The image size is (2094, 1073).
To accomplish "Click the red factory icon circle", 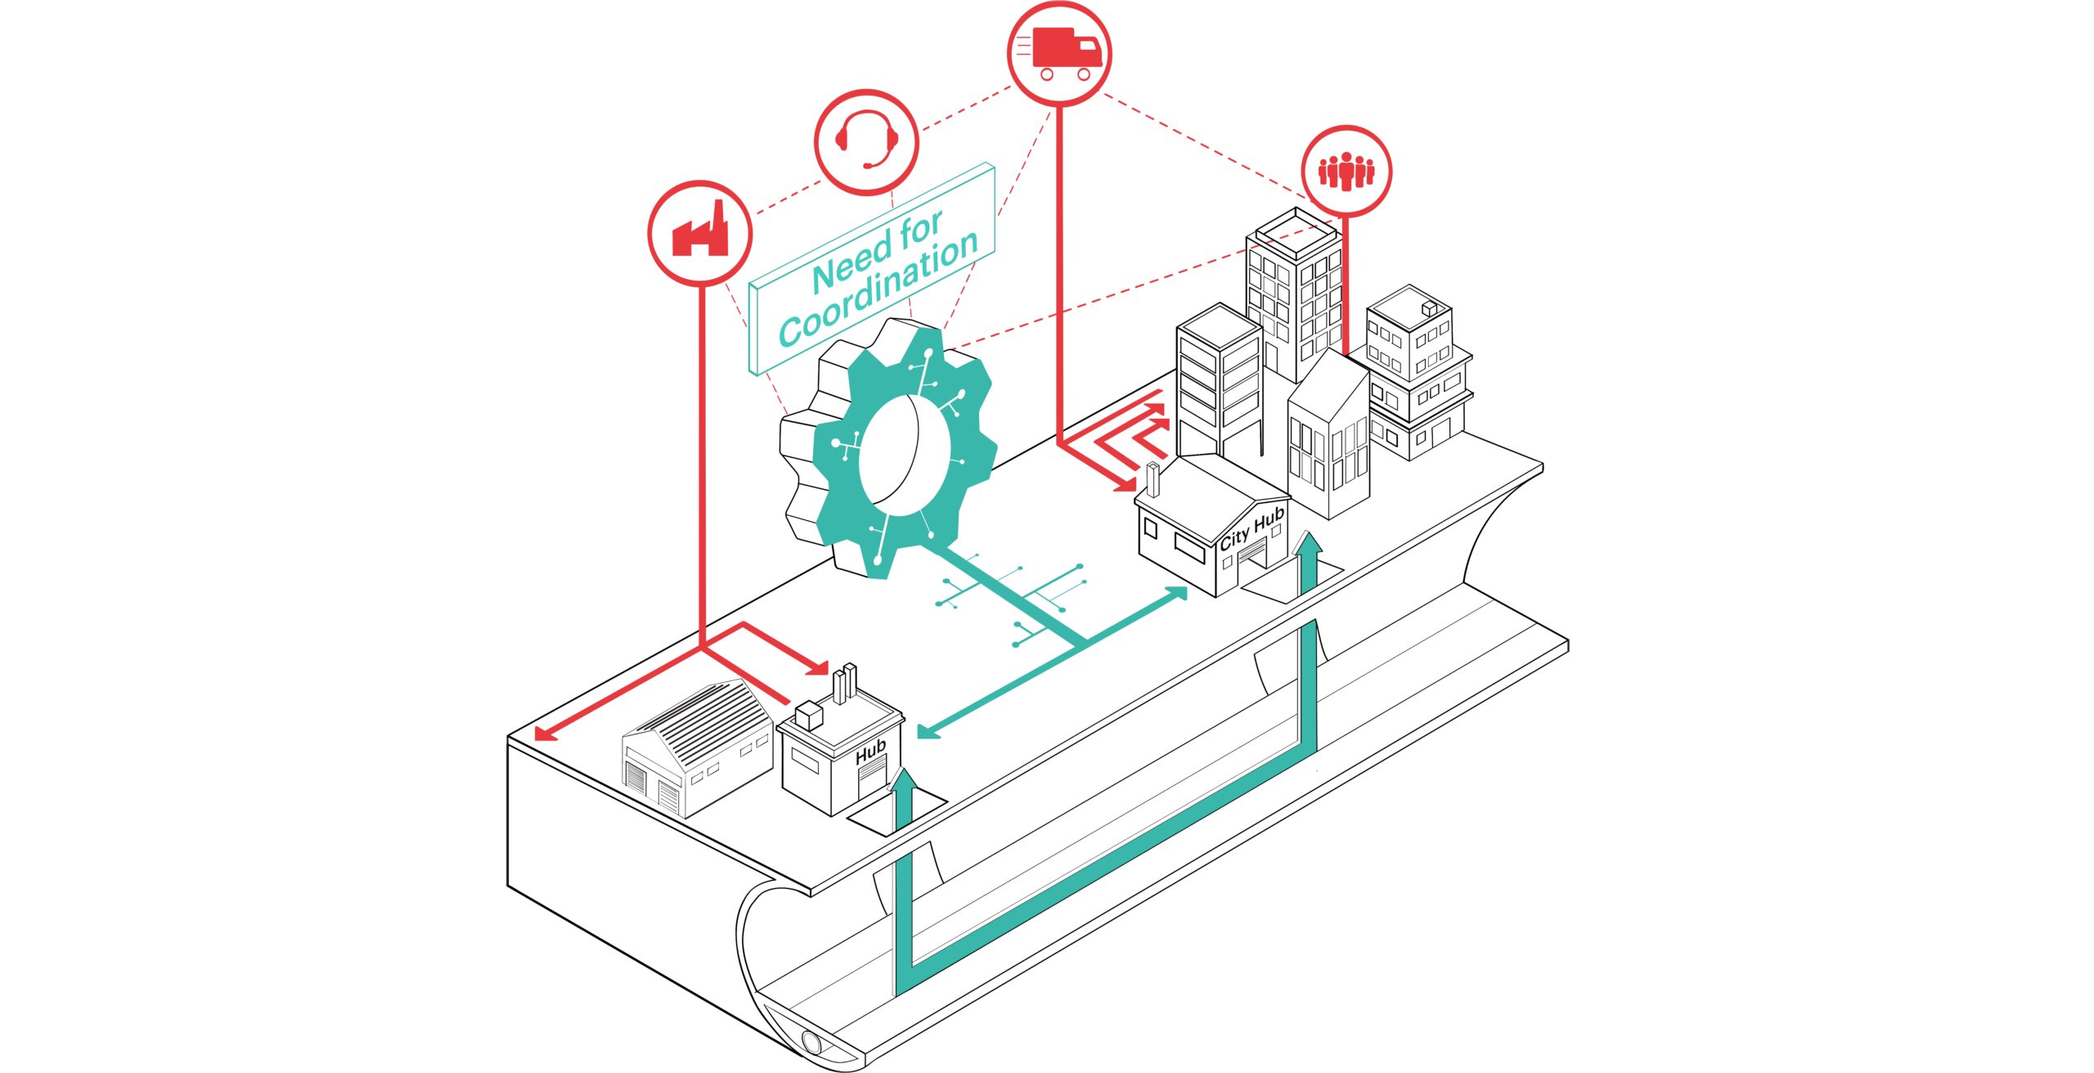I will [x=700, y=233].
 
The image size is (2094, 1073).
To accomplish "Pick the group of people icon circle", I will [x=1346, y=171].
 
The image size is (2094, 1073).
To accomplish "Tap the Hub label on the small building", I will [x=870, y=751].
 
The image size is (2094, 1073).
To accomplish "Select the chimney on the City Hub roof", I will [x=1153, y=481].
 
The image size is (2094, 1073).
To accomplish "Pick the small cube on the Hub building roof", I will [x=807, y=716].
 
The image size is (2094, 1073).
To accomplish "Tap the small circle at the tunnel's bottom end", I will [x=812, y=1042].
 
